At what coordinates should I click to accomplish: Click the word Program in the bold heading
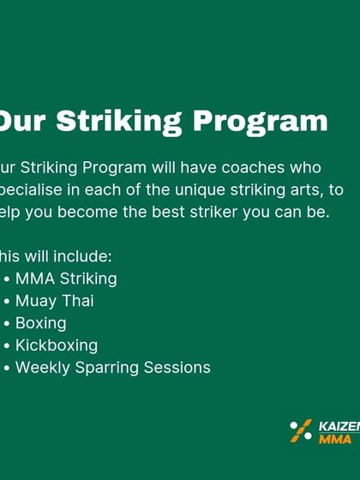point(261,121)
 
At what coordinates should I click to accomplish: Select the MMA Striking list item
point(66,279)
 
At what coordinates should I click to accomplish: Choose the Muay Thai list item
point(54,301)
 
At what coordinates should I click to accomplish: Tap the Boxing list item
point(40,323)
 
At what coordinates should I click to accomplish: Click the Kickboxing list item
point(57,345)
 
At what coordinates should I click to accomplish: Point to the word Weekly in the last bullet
point(41,368)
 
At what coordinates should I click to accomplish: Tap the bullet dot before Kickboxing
point(7,346)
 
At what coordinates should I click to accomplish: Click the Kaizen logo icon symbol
point(301,430)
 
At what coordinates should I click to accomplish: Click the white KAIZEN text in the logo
point(339,424)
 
